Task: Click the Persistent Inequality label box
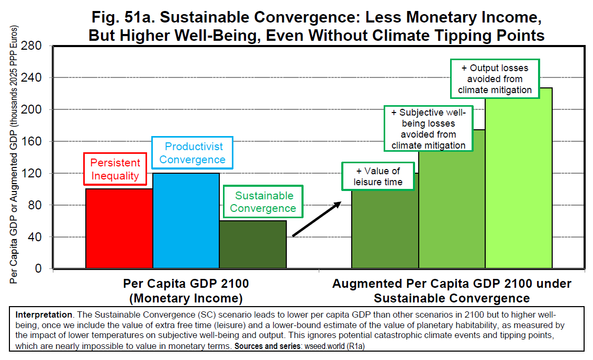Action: coord(116,169)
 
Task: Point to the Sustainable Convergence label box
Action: coord(263,202)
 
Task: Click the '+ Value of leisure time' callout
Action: coord(378,176)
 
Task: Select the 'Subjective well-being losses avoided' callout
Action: coord(428,129)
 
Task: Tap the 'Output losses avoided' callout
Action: coord(495,78)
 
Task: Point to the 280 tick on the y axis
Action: coord(31,46)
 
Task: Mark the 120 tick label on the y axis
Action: coord(31,173)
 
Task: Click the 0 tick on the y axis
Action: coord(38,268)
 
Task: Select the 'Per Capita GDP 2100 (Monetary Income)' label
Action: coord(186,291)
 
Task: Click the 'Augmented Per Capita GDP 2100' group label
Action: coord(452,291)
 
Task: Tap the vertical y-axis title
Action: coord(14,155)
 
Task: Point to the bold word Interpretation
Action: coord(43,316)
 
